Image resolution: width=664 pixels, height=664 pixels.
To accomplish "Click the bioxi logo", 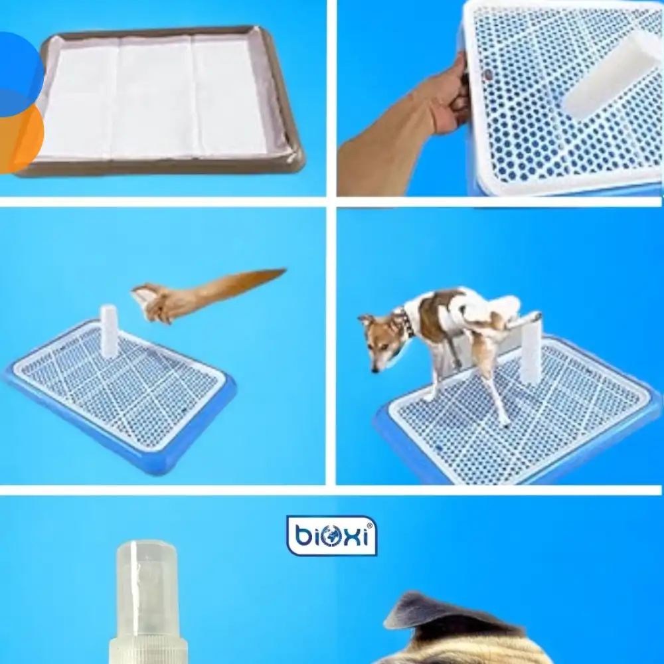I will (331, 535).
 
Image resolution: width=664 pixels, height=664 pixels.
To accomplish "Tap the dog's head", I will (378, 339).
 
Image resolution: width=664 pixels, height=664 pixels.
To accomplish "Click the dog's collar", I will (406, 323).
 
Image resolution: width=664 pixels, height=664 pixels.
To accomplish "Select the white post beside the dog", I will (531, 352).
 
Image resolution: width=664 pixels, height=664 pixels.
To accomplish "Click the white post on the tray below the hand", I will (109, 330).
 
